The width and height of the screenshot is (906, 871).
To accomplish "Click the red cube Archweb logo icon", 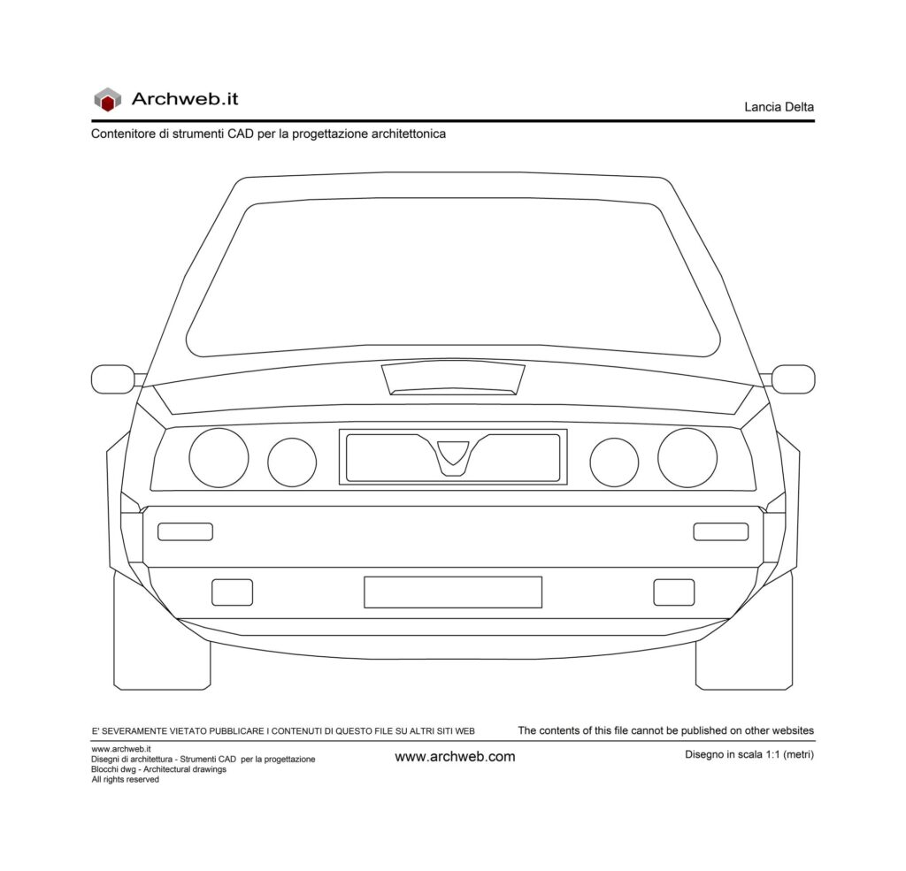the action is point(107,99).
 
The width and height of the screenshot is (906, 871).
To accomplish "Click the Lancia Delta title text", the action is point(779,107).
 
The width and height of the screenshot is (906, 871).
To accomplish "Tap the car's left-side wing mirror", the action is point(113,379).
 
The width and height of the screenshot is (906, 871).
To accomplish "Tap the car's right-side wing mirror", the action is point(793,379).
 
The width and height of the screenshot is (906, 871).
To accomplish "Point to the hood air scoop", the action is point(453,378).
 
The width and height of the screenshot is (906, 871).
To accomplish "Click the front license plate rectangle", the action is point(453,592).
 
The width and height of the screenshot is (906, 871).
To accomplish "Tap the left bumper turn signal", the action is point(186,532).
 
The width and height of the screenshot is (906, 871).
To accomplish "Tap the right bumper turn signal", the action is point(721,532).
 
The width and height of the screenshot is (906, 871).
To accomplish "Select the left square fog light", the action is point(233,592).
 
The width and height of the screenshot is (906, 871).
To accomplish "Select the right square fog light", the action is point(673,592).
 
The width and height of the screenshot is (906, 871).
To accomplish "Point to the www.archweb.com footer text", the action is point(455,757).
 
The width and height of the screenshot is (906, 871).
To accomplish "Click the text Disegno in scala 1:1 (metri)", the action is point(749,754).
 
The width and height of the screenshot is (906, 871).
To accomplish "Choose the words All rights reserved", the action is point(125,780).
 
